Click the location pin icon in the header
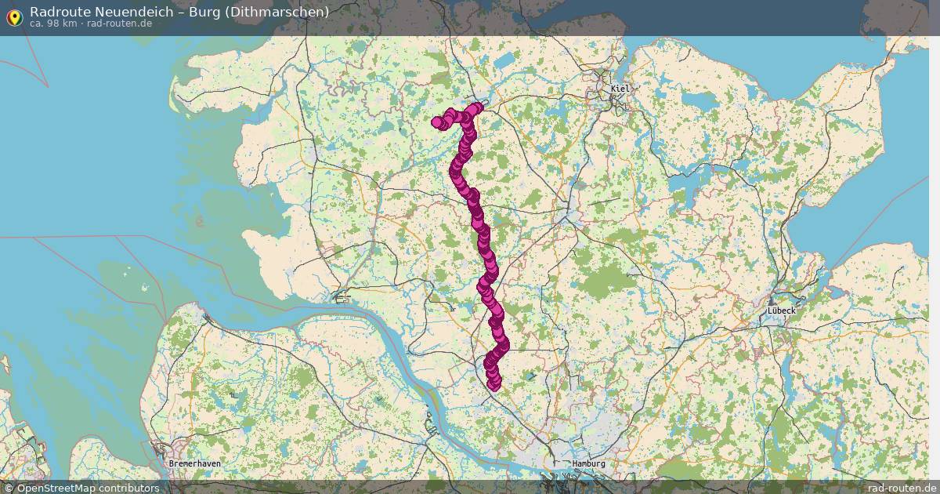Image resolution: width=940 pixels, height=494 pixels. (14, 17)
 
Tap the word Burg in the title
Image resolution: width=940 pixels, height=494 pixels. (204, 12)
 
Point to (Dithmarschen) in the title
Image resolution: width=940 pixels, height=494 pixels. (277, 12)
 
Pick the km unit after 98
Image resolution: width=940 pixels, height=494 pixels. (70, 24)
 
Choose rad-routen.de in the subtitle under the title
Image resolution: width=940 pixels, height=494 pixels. (119, 24)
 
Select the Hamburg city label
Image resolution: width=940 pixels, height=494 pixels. (588, 463)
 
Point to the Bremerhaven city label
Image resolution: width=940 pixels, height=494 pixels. (194, 463)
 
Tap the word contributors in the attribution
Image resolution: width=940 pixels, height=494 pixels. (129, 488)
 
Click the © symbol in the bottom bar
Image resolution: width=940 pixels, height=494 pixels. (9, 488)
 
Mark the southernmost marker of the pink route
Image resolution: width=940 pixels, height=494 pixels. (493, 384)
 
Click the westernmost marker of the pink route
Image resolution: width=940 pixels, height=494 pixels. (437, 122)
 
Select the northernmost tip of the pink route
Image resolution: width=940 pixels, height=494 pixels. (478, 107)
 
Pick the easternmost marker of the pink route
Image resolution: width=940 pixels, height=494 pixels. (503, 343)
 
